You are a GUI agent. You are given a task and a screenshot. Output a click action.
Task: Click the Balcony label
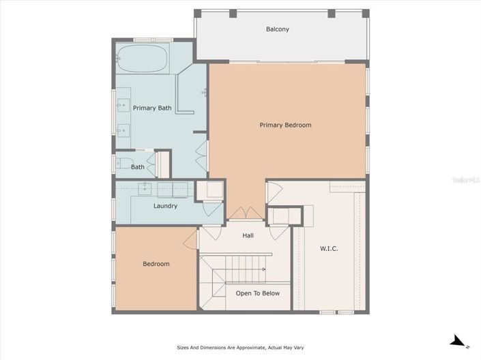(278, 29)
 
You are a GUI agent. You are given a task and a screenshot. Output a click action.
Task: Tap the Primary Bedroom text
(285, 125)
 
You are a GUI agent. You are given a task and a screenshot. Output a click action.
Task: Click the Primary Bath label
(152, 108)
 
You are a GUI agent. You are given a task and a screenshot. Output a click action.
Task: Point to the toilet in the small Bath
(121, 164)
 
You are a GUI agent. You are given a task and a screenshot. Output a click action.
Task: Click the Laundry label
(165, 206)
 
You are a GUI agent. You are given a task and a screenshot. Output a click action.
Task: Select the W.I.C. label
(329, 248)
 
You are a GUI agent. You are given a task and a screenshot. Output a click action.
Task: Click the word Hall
(248, 235)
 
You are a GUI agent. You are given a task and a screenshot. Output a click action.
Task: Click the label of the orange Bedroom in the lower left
(156, 264)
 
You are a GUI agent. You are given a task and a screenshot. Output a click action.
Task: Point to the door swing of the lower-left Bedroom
(190, 238)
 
